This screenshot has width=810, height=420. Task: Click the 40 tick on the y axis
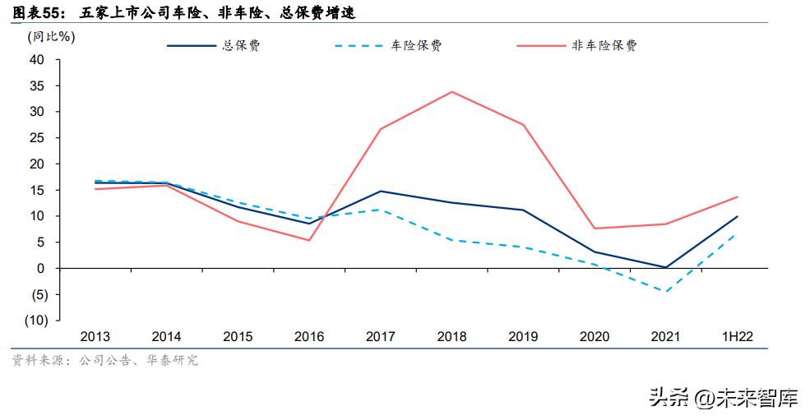[36, 59]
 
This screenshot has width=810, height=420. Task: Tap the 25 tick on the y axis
[36, 137]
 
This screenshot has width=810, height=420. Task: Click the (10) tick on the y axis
[34, 321]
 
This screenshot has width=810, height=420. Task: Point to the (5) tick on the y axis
[36, 294]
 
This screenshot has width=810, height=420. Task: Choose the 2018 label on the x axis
[451, 337]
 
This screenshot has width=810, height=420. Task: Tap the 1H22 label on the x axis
[738, 337]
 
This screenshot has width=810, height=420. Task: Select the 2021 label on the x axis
[665, 337]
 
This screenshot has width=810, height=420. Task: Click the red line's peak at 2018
[451, 91]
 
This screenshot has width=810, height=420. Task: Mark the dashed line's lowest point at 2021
[665, 292]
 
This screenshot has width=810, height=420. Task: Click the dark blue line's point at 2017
[380, 191]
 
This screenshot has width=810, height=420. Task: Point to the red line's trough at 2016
[308, 240]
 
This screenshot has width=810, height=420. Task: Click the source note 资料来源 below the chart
[104, 360]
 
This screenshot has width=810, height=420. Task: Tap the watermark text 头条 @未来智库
[723, 399]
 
